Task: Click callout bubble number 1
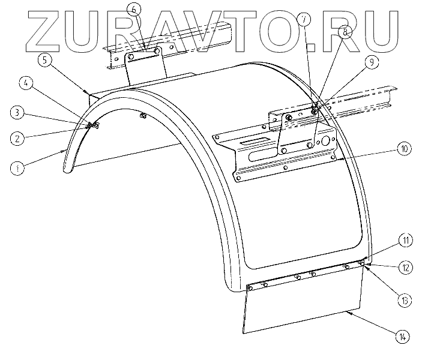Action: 19,169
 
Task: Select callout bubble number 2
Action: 19,137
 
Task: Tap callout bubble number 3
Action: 19,112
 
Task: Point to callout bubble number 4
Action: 25,84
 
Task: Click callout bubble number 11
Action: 406,241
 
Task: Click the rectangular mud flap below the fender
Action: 300,306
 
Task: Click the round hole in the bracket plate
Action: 327,142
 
